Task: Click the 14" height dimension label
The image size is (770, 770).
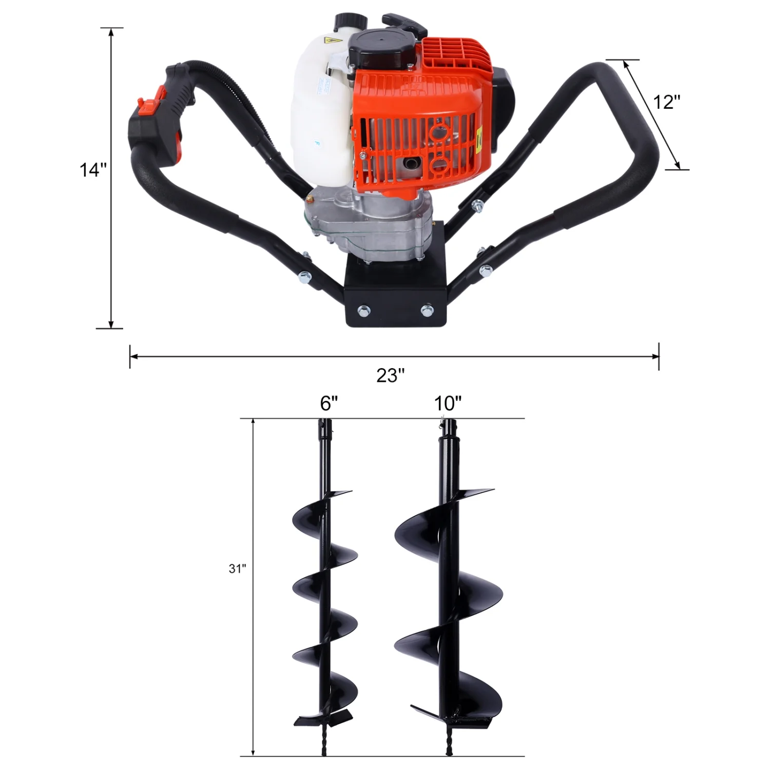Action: (93, 170)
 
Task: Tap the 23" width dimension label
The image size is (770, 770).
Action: (391, 376)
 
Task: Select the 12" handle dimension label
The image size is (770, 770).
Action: (666, 102)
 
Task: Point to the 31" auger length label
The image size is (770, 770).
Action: (238, 569)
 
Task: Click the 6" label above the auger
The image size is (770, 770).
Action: (329, 404)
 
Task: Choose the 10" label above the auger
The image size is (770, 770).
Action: (448, 404)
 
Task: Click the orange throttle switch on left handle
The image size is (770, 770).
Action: (147, 104)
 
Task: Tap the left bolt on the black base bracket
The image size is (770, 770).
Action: (364, 310)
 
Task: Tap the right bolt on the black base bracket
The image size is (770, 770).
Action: (427, 310)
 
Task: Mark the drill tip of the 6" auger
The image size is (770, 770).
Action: (324, 747)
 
